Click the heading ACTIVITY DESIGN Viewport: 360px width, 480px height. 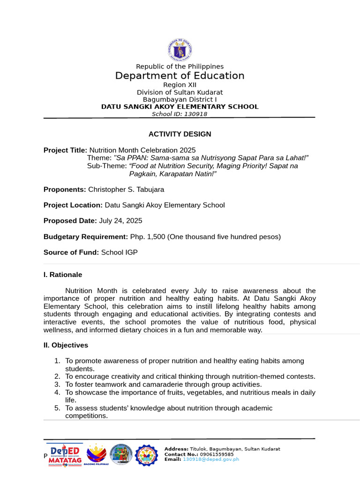(180, 134)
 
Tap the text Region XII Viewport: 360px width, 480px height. (180, 85)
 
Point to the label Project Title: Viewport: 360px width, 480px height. (65, 150)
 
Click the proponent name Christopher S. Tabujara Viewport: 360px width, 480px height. (126, 189)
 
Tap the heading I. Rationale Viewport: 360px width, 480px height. (63, 275)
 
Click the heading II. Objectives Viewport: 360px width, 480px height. (66, 345)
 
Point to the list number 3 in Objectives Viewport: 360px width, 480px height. (57, 384)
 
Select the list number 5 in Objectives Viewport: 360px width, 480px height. (57, 408)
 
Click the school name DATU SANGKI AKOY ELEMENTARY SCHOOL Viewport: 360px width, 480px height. (180, 107)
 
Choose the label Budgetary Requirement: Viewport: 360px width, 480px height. (86, 237)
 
